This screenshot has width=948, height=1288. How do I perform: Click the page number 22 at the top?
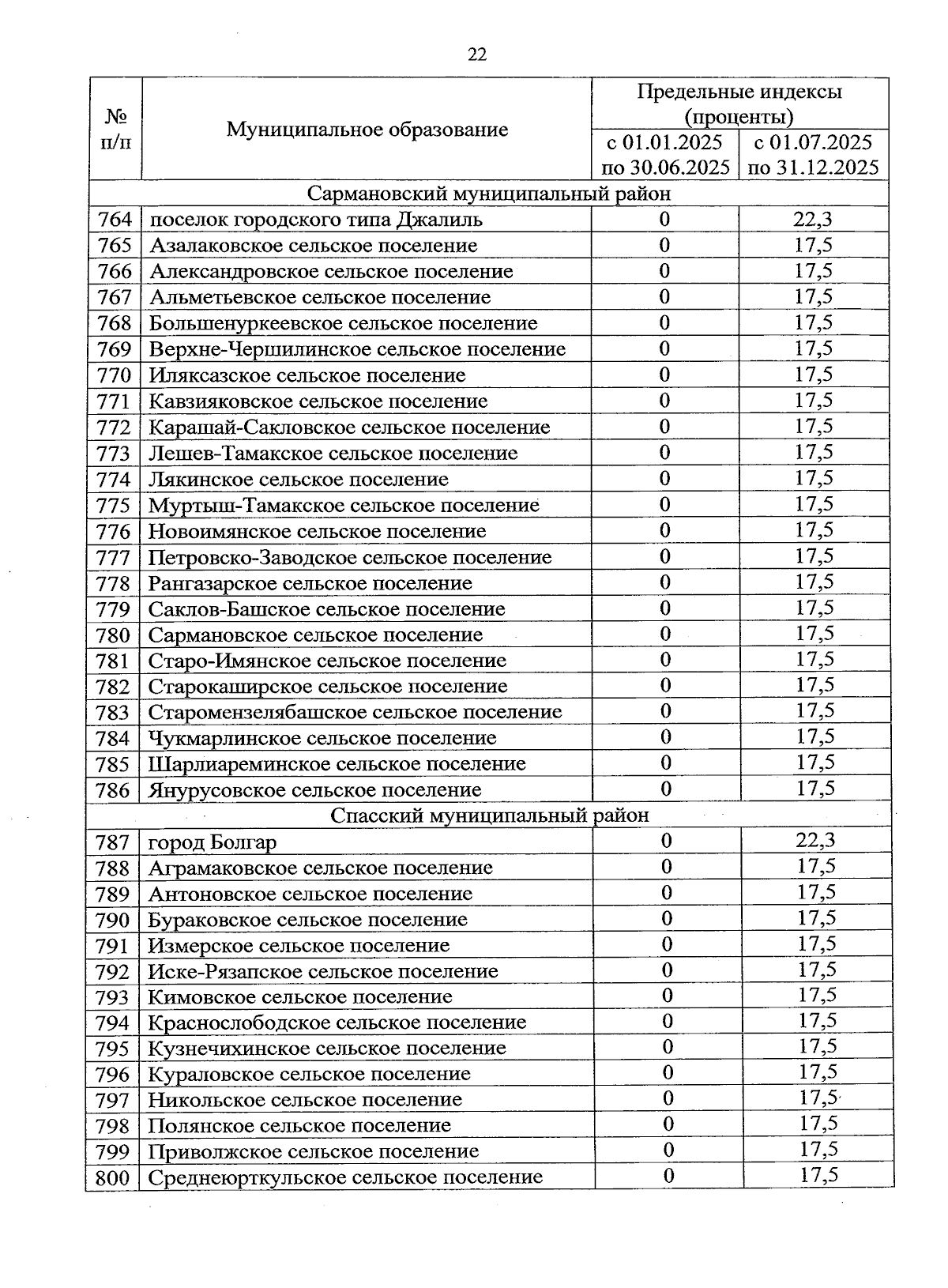click(477, 54)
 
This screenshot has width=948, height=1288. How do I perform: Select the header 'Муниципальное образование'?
click(367, 130)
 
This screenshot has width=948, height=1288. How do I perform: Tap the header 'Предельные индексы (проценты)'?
click(739, 104)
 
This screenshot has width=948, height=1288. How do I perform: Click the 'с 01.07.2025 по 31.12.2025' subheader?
click(814, 155)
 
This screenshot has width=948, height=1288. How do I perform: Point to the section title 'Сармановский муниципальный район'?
click(489, 194)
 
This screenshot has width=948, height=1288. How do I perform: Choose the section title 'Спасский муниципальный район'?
click(490, 815)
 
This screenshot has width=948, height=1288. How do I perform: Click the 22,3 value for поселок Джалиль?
click(814, 219)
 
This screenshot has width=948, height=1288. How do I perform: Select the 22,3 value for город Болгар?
click(815, 841)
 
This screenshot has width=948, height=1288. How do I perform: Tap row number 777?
click(113, 558)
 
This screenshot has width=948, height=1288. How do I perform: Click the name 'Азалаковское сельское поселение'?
click(314, 246)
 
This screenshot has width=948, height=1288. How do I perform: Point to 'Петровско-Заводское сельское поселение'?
click(350, 558)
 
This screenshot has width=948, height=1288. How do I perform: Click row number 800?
click(112, 1178)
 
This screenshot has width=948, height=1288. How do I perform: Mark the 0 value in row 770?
click(664, 375)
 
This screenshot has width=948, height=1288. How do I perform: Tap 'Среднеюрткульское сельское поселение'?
click(345, 1177)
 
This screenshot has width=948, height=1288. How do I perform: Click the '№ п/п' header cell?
click(115, 130)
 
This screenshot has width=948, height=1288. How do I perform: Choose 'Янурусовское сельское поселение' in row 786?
click(314, 790)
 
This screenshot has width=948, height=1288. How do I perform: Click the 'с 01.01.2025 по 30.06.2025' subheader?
click(665, 155)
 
